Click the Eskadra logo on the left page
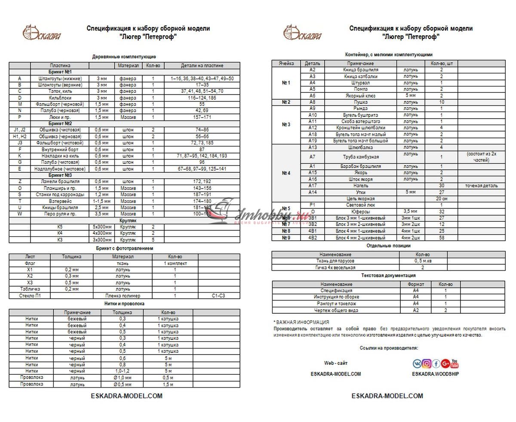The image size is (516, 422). coord(42,33)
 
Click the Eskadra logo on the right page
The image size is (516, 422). coord(303,33)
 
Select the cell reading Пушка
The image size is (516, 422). coord(360,102)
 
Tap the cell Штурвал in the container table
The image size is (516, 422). coord(360,83)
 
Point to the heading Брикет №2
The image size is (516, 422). coord(60,123)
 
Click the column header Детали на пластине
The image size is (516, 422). coord(202,66)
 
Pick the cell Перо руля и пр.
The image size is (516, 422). coord(59,214)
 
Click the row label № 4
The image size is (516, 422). coord(286,173)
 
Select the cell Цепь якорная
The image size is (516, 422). coord(360,199)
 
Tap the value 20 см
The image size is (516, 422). coord(441,199)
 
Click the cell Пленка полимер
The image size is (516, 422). coord(123,296)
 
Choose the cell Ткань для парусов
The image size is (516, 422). coord(335,261)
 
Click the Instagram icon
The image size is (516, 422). coord(427,364)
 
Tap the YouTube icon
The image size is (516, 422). coord(455,364)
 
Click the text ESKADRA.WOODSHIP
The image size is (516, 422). coord(435,374)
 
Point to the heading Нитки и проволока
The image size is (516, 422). coord(124,304)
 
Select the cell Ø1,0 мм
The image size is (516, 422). coord(123,378)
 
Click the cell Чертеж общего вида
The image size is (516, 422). coord(336,310)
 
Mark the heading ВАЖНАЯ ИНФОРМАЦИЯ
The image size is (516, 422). coord(302,322)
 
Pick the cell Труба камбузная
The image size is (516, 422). coord(360,157)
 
